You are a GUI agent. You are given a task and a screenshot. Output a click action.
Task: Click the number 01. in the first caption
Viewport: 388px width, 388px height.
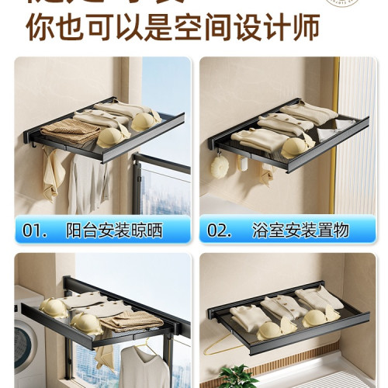(38, 230)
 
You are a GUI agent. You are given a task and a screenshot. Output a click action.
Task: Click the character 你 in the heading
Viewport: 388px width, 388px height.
(40, 27)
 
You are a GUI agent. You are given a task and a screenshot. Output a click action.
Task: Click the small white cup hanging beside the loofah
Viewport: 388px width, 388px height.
(242, 164)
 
